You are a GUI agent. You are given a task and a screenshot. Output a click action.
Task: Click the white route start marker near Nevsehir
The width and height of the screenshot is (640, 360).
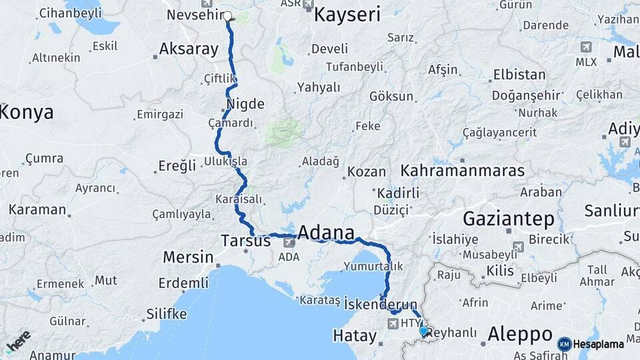(x=227, y=16)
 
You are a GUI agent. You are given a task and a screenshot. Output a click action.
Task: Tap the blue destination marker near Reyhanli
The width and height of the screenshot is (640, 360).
(x=423, y=330)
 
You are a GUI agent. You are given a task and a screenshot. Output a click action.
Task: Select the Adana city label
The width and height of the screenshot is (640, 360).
(x=325, y=233)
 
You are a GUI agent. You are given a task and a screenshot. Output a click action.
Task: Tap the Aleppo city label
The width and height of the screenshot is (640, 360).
(x=520, y=333)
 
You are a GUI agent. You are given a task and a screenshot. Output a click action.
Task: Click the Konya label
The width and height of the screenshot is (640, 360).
(x=27, y=112)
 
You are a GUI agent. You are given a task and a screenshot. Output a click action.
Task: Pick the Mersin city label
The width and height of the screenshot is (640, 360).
(x=189, y=257)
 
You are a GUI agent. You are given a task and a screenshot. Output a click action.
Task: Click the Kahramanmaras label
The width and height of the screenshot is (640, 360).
(x=463, y=171)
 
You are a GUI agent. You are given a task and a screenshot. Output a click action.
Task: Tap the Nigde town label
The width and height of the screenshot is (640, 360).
(x=245, y=104)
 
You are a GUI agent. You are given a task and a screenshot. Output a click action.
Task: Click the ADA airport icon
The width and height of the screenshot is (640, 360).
(x=289, y=243)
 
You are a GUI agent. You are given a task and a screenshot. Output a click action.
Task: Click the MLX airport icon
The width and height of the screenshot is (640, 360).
(x=586, y=47)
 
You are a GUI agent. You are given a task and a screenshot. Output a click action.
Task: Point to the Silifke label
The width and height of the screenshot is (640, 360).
(x=166, y=313)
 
